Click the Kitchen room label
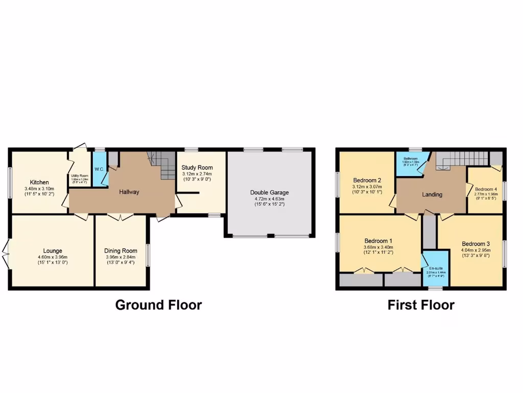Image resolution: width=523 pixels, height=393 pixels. (39, 182)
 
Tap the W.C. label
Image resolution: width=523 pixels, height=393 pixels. (99, 169)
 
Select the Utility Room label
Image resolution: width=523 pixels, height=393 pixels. (80, 176)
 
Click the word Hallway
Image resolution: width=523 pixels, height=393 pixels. (129, 192)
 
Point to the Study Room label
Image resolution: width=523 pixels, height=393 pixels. (197, 167)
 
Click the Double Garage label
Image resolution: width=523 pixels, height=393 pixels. (270, 192)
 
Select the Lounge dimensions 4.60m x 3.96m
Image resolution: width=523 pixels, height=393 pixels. (53, 257)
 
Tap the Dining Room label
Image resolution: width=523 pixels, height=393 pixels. (121, 250)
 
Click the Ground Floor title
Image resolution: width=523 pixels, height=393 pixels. (158, 305)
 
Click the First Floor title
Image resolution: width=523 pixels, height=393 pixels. (421, 305)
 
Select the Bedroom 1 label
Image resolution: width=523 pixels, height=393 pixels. (378, 241)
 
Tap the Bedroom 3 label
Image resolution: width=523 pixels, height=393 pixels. (476, 244)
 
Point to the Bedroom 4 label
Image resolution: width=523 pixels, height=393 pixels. (485, 189)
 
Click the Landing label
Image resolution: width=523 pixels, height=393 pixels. (432, 194)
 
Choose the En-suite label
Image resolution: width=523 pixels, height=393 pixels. (436, 268)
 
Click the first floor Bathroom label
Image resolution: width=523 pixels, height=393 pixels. (411, 159)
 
